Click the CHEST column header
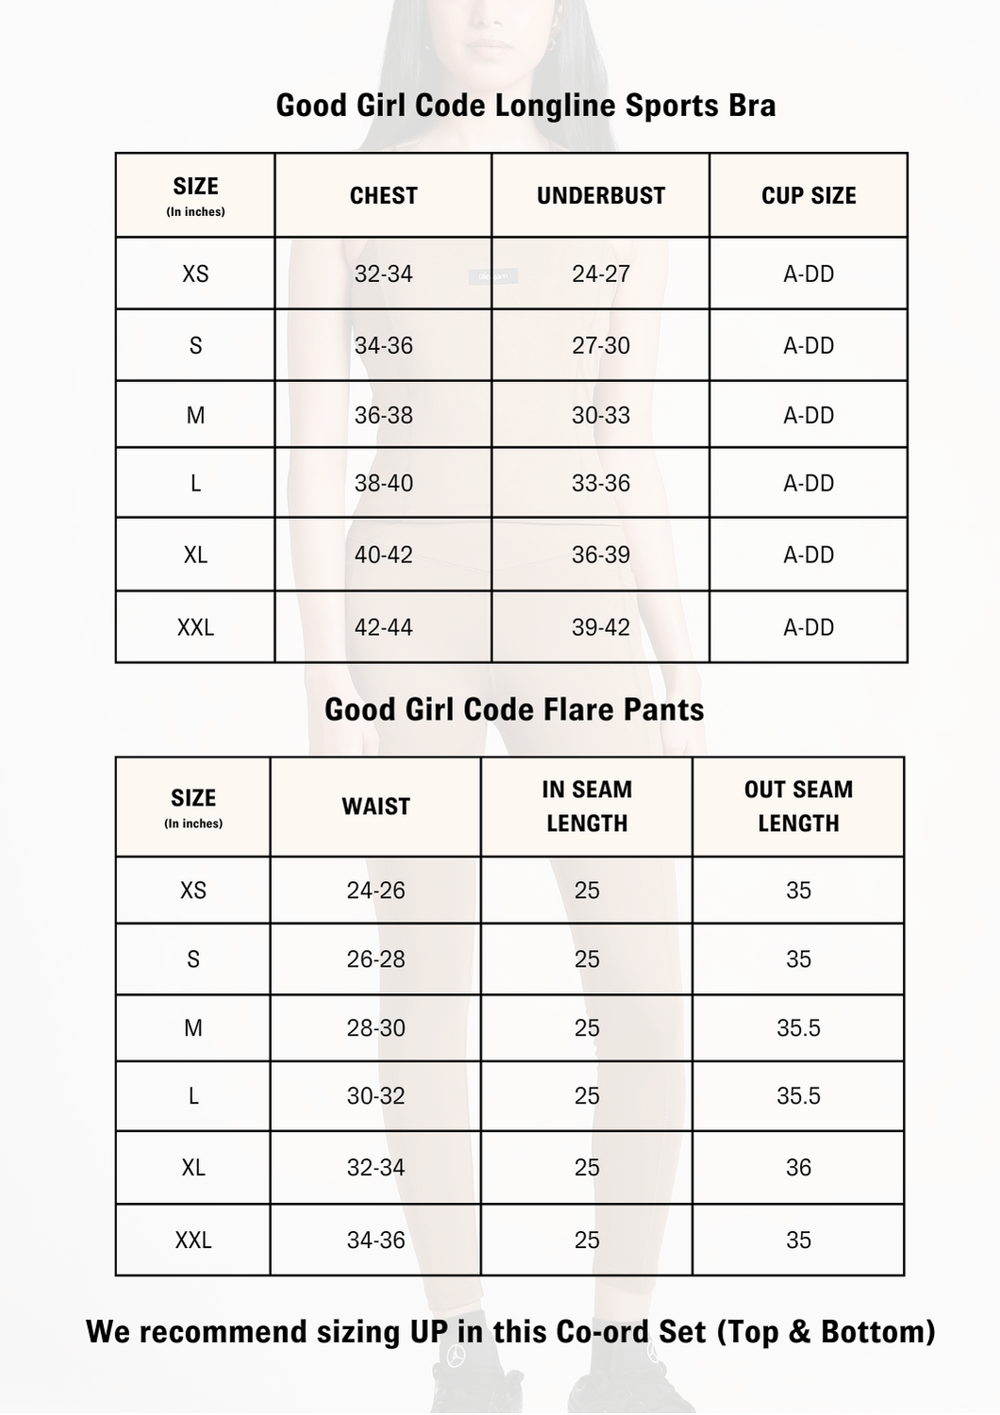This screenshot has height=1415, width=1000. [383, 195]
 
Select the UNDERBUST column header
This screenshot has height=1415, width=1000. [601, 195]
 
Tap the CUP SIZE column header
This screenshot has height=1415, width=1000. [808, 195]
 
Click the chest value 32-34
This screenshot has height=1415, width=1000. [383, 274]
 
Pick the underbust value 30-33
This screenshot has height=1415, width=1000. [601, 415]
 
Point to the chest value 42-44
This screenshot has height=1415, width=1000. [383, 627]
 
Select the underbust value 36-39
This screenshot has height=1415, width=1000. [601, 555]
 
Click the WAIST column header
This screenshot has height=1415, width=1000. [375, 807]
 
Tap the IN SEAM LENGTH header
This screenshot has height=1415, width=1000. [587, 807]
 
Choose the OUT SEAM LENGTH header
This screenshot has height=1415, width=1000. [798, 807]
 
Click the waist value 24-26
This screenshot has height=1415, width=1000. [375, 890]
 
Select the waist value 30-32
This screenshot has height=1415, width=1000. [375, 1096]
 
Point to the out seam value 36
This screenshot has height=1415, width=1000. [798, 1168]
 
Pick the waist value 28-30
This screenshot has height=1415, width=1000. [375, 1027]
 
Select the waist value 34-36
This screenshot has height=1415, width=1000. [375, 1240]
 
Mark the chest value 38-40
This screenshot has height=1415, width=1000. [383, 483]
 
